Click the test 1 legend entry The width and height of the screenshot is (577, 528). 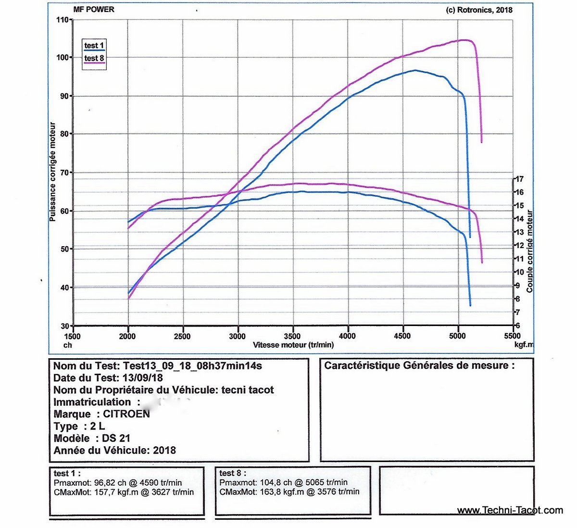pos(94,46)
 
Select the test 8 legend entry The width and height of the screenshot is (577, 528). pos(94,59)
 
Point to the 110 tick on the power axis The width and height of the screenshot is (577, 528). pos(62,20)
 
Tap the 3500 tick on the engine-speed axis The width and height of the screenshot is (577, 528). pos(292,336)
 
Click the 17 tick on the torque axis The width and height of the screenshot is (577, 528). pos(519,179)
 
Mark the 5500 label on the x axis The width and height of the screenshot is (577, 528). pos(513,336)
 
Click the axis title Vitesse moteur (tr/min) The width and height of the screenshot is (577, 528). pos(293,345)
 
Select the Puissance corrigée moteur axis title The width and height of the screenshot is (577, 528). pos(53,172)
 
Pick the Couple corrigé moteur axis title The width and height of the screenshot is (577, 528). pos(530,251)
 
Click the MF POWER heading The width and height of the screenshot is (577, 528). pos(94,9)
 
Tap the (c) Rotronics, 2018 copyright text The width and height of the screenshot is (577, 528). pos(479,10)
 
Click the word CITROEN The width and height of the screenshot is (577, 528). pos(126,414)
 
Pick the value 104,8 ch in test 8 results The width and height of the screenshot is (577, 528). pos(272,482)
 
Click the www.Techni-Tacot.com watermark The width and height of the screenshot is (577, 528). pos(510,510)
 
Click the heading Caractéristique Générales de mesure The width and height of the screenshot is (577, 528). pos(419,365)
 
